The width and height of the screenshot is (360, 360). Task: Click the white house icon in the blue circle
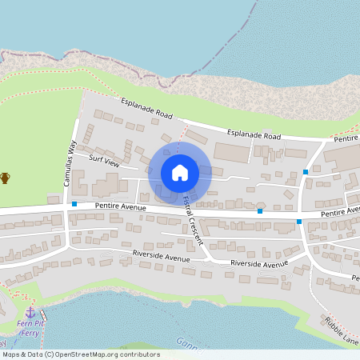pos(180,172)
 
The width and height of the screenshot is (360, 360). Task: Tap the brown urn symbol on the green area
pos(6,177)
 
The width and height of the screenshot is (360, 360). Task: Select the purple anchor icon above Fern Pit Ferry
pos(30,311)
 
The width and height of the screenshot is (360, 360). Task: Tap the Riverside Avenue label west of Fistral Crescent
pos(161,258)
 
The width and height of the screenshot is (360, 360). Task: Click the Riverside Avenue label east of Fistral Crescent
pos(258,263)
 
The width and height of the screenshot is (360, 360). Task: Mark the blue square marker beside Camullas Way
pos(74,204)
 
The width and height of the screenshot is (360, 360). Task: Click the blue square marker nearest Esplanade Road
pos(306,172)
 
